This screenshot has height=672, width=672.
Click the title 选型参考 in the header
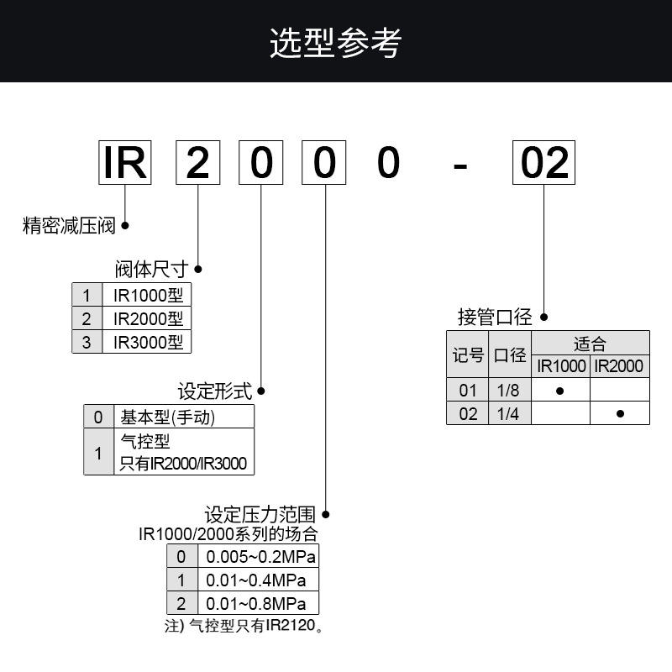pyautogui.click(x=335, y=42)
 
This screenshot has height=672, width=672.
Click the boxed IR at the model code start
pyautogui.click(x=125, y=163)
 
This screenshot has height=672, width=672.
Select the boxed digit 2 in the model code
pyautogui.click(x=197, y=163)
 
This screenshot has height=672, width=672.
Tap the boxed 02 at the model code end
pyautogui.click(x=544, y=163)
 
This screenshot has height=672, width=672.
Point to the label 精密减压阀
pyautogui.click(x=69, y=226)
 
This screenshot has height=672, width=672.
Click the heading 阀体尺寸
pyautogui.click(x=151, y=270)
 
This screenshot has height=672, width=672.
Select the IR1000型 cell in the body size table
pyautogui.click(x=147, y=295)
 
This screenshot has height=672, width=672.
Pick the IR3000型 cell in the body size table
pyautogui.click(x=147, y=342)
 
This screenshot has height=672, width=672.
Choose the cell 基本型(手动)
pyautogui.click(x=168, y=417)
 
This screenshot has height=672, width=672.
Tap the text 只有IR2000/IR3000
pyautogui.click(x=185, y=464)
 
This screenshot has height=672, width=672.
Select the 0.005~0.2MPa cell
pyautogui.click(x=258, y=557)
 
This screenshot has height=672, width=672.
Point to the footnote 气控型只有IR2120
pyautogui.click(x=255, y=626)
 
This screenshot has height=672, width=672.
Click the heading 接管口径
pyautogui.click(x=495, y=318)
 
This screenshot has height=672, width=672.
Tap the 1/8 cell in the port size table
pyautogui.click(x=509, y=391)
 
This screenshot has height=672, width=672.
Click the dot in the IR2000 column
pyautogui.click(x=620, y=413)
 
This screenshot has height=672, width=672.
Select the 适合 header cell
pyautogui.click(x=591, y=343)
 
